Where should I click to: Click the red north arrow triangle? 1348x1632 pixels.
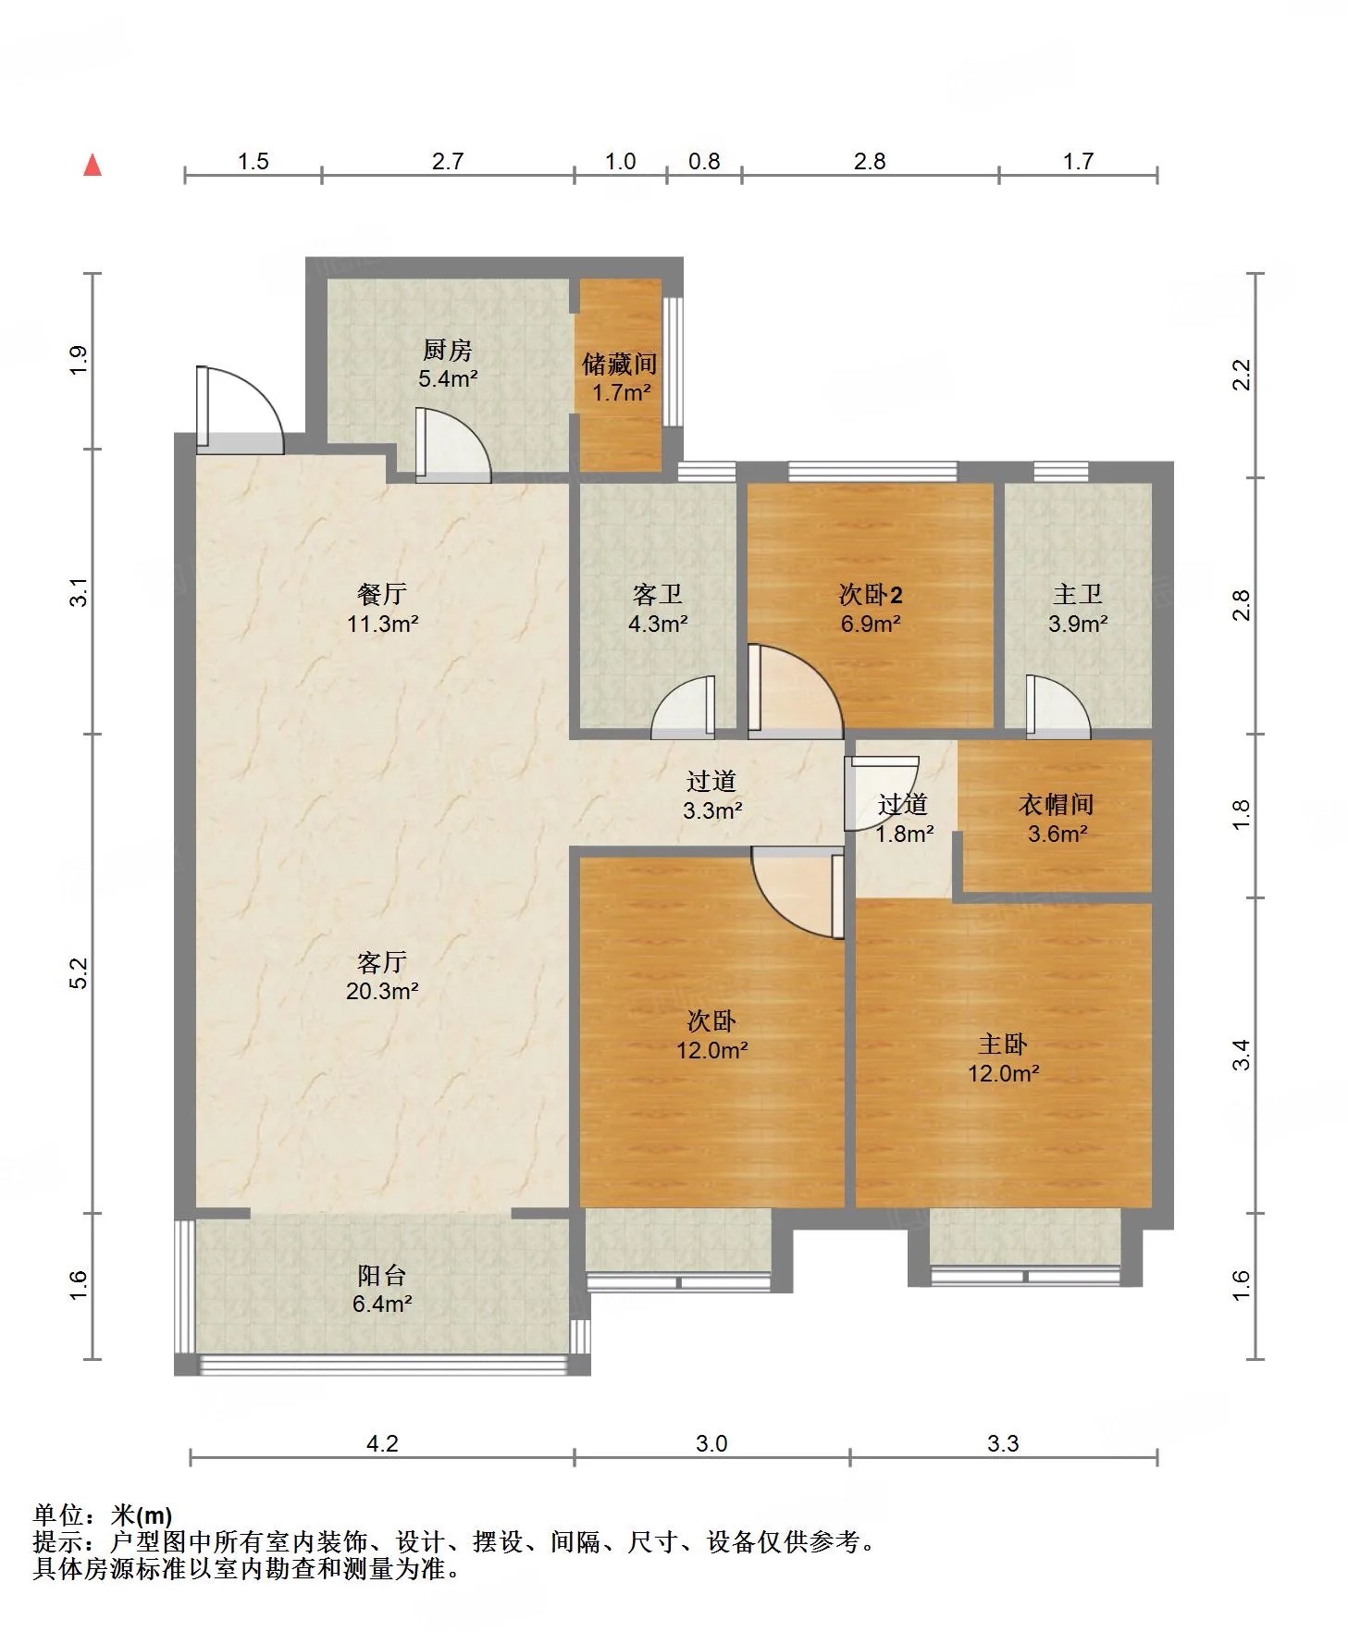pos(92,166)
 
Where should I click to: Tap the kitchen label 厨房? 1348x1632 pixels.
pos(448,350)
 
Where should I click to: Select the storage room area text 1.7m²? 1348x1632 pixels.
pos(622,392)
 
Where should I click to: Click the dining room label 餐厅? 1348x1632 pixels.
pos(382,594)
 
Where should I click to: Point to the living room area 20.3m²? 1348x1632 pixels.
pos(382,992)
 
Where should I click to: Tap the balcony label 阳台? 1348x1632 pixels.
pos(382,1276)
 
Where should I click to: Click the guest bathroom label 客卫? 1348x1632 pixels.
pos(658,594)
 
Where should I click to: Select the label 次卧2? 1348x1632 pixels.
pos(871,594)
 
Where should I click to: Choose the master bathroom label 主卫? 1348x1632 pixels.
pos(1078,594)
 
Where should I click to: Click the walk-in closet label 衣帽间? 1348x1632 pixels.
pos(1057,804)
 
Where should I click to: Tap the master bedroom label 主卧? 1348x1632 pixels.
pos(1003,1045)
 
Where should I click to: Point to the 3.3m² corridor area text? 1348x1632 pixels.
pos(712,811)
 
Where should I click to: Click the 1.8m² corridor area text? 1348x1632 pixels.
pos(905,834)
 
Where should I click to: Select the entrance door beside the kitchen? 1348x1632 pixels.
pos(240,410)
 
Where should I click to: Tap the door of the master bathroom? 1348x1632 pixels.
pos(1058,707)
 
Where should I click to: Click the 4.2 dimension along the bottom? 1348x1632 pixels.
pos(382,1443)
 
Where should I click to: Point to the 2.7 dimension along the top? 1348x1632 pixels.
pos(448,162)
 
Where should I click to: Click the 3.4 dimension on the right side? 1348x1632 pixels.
pos(1242,1055)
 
